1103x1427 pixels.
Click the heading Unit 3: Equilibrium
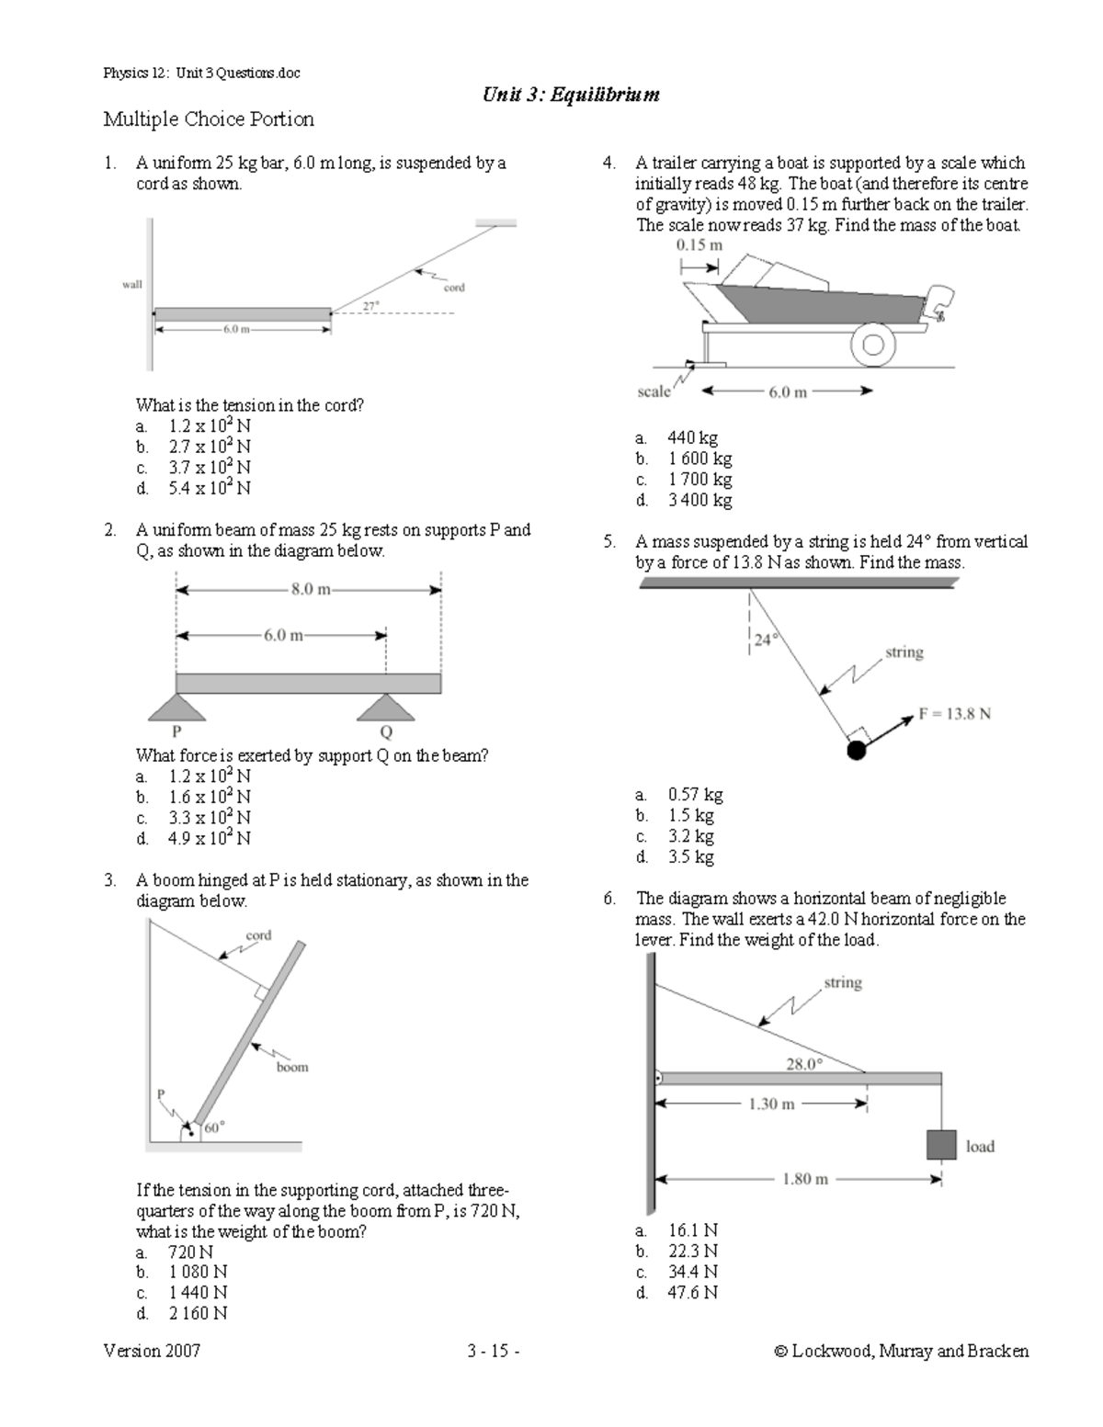[570, 95]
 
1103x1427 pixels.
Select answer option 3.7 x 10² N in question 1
[209, 468]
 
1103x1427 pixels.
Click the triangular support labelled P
[176, 708]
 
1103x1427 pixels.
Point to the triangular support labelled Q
[386, 708]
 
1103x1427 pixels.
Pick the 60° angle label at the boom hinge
[214, 1127]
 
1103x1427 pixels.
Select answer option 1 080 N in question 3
[197, 1272]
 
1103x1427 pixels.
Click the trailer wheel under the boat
[872, 345]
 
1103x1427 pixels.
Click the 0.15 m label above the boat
[699, 245]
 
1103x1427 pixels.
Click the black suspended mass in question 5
[856, 751]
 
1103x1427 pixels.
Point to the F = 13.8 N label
[954, 713]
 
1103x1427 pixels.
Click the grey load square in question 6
[941, 1145]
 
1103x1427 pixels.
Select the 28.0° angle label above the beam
[804, 1064]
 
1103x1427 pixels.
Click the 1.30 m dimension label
[771, 1104]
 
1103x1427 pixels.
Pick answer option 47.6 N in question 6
[693, 1293]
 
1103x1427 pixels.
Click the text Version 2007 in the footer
[152, 1351]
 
